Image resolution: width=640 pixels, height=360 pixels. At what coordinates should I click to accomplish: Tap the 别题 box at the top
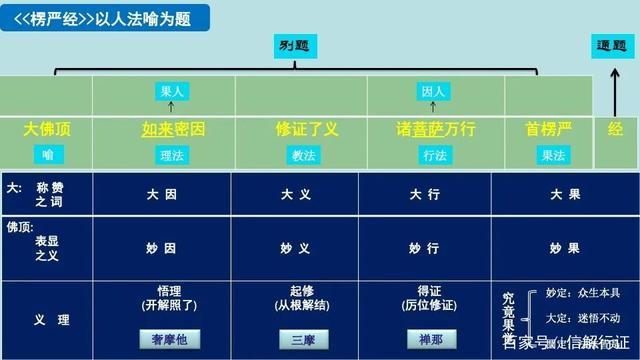pos(293,45)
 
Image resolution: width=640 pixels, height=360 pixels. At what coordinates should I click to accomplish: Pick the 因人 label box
pos(432,91)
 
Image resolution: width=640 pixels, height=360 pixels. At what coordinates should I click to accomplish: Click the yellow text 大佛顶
pos(47,129)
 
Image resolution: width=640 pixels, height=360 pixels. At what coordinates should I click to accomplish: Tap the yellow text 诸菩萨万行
pos(435,129)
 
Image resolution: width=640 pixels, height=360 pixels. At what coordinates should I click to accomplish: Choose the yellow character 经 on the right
pos(616,129)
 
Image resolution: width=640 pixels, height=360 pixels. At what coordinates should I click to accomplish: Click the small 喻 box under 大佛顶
pos(47,155)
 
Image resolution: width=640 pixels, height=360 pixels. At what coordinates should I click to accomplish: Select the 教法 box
pos(303,155)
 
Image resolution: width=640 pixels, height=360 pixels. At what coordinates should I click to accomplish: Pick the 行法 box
pos(434,155)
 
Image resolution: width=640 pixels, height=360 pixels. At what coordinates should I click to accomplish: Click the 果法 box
pos(553,155)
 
